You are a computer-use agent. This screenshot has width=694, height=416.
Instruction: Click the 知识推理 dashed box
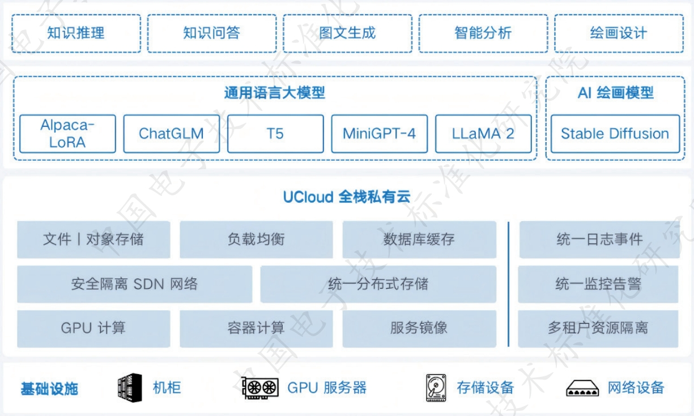click(x=76, y=33)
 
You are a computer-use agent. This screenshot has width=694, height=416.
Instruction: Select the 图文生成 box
click(x=347, y=33)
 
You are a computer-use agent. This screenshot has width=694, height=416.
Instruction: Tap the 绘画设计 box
click(x=618, y=33)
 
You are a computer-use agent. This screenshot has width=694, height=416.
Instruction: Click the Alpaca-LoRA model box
click(x=67, y=134)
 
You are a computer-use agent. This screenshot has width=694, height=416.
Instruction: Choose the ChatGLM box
click(x=171, y=134)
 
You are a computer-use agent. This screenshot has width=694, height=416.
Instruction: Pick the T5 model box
click(x=275, y=134)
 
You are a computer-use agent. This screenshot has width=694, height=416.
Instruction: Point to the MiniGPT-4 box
click(x=379, y=134)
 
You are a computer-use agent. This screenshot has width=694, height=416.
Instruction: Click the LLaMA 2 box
click(x=483, y=134)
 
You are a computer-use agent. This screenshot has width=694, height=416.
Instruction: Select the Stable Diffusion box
click(x=615, y=134)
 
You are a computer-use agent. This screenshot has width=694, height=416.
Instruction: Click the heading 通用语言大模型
click(x=275, y=93)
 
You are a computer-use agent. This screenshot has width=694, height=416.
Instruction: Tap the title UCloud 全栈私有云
click(x=346, y=197)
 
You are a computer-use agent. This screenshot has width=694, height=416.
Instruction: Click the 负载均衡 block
click(x=256, y=239)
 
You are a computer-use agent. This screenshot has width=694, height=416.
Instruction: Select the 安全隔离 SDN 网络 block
click(x=134, y=284)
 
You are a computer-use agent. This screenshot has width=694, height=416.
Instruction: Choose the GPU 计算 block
click(x=93, y=328)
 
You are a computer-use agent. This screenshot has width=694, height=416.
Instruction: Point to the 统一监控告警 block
click(x=598, y=284)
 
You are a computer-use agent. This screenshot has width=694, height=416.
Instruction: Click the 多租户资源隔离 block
click(x=598, y=328)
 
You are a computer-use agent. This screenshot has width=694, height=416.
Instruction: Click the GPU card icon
click(x=260, y=388)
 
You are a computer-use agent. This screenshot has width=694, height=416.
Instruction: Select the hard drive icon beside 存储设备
click(x=436, y=388)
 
